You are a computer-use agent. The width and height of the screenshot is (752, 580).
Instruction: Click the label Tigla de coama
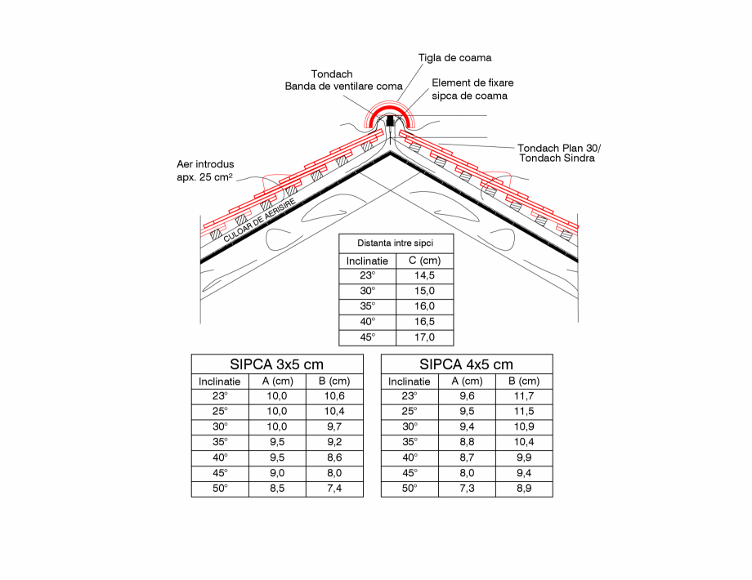click(454, 58)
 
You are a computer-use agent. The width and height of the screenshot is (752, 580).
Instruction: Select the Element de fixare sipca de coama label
click(472, 89)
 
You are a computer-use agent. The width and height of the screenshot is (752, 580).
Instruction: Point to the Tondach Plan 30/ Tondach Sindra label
click(558, 153)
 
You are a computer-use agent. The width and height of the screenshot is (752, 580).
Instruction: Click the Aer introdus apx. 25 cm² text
click(204, 170)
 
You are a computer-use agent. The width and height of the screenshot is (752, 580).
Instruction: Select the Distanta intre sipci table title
click(396, 243)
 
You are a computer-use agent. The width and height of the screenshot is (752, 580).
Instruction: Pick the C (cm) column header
click(424, 261)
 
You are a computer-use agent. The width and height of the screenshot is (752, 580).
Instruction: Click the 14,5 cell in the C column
click(424, 276)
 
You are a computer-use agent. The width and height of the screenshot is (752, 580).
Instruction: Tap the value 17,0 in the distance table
click(424, 337)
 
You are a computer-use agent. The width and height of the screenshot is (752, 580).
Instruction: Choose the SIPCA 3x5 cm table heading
click(277, 364)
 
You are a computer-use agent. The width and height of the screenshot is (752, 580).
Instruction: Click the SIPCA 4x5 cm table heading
click(466, 364)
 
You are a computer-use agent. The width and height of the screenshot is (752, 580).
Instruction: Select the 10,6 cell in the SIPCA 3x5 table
click(334, 396)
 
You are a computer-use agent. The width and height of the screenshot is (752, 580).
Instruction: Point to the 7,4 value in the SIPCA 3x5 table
click(334, 489)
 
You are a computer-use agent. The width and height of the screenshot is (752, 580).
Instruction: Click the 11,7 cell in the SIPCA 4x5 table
click(524, 396)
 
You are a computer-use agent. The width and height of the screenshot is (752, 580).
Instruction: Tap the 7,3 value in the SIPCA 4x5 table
click(467, 489)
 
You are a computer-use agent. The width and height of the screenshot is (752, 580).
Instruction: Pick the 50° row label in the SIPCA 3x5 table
click(220, 489)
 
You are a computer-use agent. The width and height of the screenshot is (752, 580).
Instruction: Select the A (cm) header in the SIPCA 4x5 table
click(467, 381)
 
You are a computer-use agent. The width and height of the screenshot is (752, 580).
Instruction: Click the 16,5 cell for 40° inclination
click(424, 322)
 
